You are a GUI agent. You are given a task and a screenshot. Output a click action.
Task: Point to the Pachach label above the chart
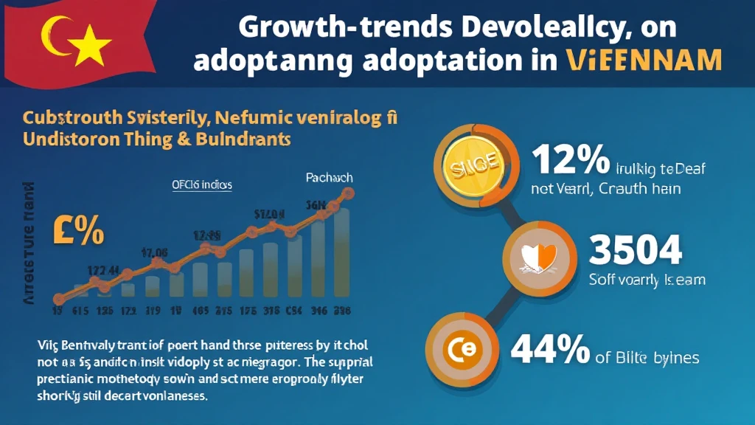[329, 178]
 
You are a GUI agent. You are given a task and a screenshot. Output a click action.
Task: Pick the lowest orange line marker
[58, 298]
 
